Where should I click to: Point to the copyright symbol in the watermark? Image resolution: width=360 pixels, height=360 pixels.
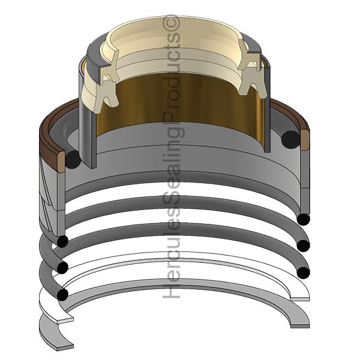click(x=171, y=23)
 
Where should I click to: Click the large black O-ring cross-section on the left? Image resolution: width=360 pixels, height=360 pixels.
click(x=73, y=160)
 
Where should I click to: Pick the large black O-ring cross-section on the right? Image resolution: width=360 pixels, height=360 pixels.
click(x=290, y=139)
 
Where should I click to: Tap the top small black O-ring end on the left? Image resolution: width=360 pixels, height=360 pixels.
click(x=62, y=241)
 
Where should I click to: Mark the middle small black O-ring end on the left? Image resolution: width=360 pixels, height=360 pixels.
click(x=62, y=268)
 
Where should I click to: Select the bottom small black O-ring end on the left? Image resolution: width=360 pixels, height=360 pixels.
click(x=62, y=295)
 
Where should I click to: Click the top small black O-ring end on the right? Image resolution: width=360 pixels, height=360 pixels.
click(x=303, y=219)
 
